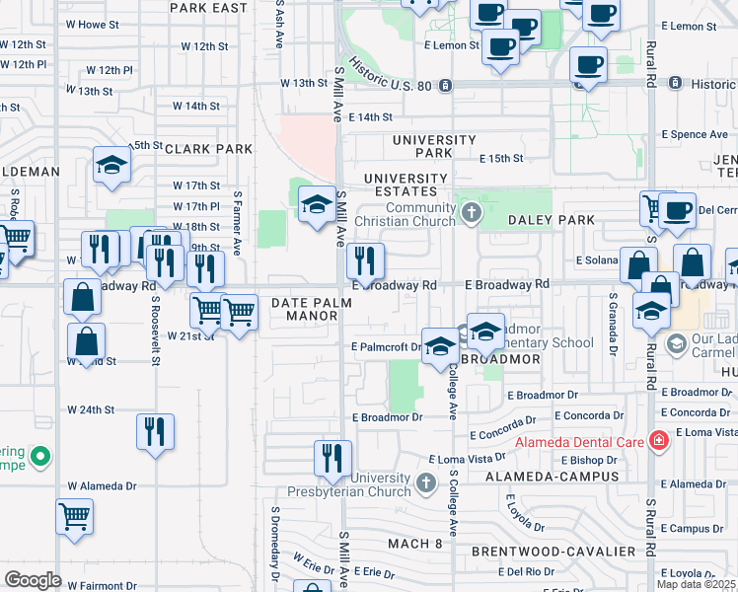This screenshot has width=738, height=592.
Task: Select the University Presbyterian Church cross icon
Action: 425,482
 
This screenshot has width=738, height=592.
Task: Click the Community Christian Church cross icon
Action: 472,210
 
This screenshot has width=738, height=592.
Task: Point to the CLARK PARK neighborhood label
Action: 209,149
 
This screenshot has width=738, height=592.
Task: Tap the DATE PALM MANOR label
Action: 299,308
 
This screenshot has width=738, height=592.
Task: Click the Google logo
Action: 33,579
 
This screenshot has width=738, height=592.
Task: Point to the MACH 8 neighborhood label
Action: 414,543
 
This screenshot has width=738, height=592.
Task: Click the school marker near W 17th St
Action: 315,203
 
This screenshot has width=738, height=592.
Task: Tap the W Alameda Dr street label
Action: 102,485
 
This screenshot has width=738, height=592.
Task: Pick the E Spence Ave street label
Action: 695,134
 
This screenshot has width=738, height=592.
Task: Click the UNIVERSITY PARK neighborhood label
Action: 434,147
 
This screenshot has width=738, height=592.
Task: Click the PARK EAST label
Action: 208,8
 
